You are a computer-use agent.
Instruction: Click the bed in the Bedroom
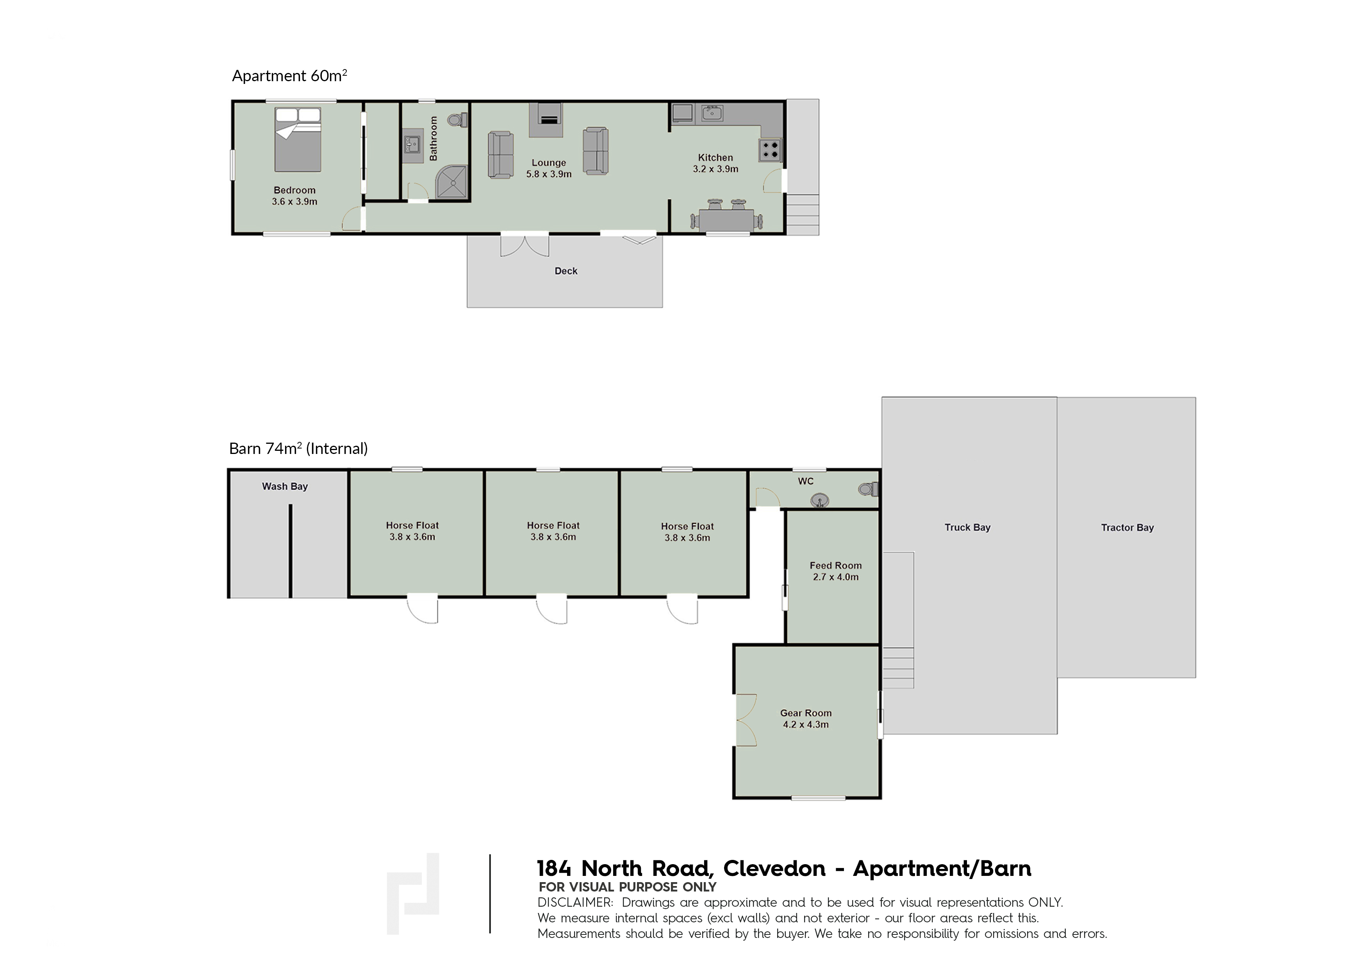coord(298,140)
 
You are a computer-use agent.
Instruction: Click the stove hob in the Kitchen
coord(770,150)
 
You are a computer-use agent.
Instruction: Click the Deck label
coord(565,271)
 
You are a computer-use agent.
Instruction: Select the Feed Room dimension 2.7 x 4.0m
coord(835,577)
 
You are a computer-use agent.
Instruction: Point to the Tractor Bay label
coord(1127,528)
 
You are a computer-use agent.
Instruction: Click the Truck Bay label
coord(967,528)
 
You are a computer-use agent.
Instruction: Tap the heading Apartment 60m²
coord(289,76)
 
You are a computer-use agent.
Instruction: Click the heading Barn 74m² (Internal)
coord(298,448)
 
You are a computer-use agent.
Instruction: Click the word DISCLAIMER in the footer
coord(574,902)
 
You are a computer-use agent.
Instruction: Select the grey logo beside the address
coord(413,893)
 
